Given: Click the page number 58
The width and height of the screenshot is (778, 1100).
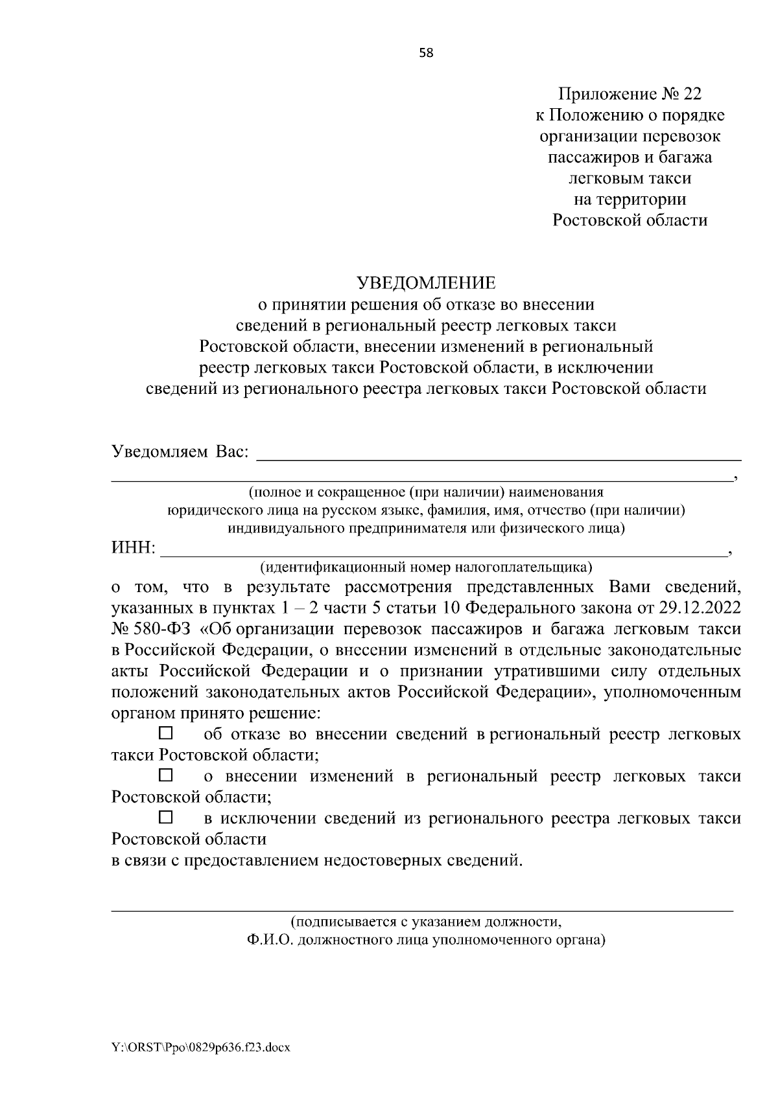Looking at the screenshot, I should [426, 53].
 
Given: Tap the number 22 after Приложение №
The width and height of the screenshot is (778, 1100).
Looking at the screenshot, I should [692, 95].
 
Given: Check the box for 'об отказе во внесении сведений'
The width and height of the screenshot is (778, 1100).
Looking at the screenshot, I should [166, 733].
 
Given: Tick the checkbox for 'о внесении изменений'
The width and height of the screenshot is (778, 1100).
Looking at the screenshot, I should [166, 775].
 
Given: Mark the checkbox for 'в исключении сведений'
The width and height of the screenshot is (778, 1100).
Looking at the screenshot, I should [166, 817].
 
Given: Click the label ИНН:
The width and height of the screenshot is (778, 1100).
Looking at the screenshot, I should [134, 549].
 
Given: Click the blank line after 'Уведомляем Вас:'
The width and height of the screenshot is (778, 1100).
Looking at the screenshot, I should [499, 456].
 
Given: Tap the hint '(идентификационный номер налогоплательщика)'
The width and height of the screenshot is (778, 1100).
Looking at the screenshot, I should [426, 568].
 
